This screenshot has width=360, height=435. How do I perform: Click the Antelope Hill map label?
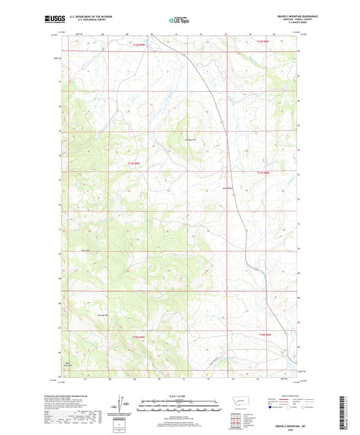[x=190, y=140]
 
